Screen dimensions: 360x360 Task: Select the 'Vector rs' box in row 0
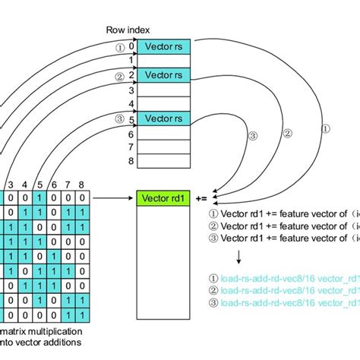[x=163, y=46]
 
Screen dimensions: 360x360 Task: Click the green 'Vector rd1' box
[x=163, y=200]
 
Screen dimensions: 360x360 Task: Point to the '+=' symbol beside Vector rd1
[x=202, y=200]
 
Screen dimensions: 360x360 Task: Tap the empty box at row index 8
[x=163, y=161]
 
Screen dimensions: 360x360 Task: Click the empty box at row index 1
[x=163, y=61]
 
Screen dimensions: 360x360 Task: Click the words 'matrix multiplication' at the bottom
[x=45, y=333]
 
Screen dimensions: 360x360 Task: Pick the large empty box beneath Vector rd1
[x=163, y=258]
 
